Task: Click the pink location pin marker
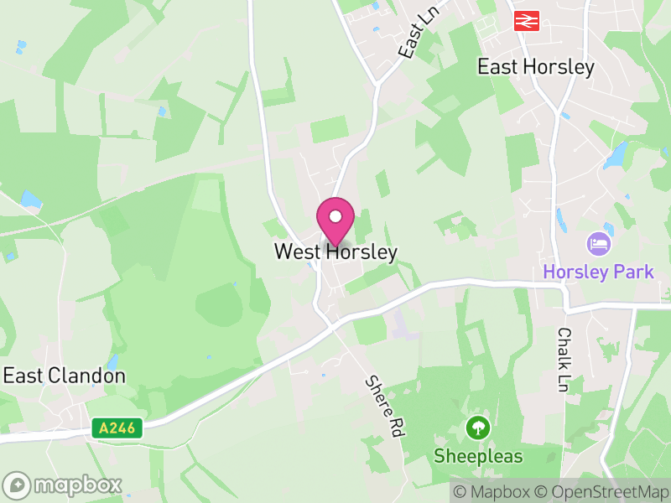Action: [335, 220]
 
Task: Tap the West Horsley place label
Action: [335, 251]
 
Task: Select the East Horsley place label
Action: [535, 67]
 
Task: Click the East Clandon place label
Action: [65, 376]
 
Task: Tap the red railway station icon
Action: [526, 20]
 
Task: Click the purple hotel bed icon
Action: [599, 245]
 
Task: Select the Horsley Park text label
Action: [598, 272]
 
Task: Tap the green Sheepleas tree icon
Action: [478, 428]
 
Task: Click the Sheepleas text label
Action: [478, 457]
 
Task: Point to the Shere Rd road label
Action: [384, 406]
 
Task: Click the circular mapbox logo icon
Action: [17, 485]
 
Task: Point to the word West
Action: [294, 251]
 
